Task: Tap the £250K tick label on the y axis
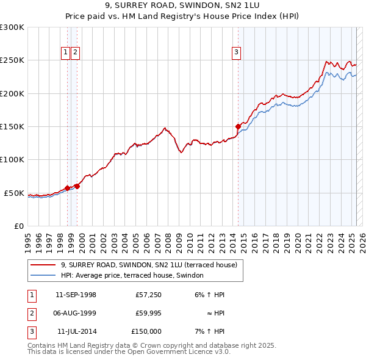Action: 12,60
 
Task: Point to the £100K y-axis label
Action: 12,160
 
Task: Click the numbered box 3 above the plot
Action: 235,52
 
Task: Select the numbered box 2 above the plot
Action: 74,52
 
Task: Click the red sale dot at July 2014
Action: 238,126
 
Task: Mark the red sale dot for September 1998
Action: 67,188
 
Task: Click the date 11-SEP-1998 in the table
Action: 76,295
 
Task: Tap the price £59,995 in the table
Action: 147,313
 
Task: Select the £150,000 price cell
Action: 146,331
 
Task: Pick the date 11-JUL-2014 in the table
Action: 76,331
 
